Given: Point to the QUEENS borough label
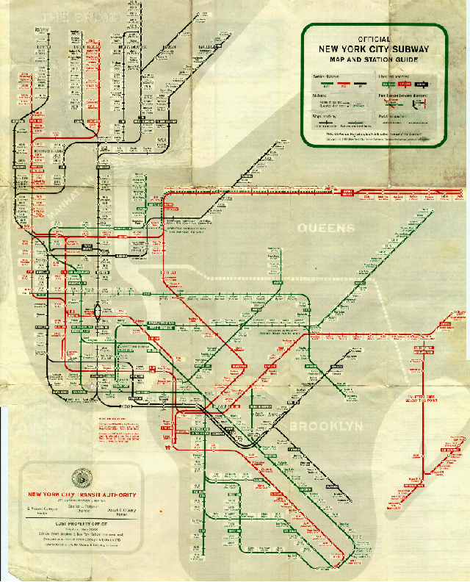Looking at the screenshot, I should click(x=325, y=229).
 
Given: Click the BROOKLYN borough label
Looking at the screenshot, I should click(x=326, y=426).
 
